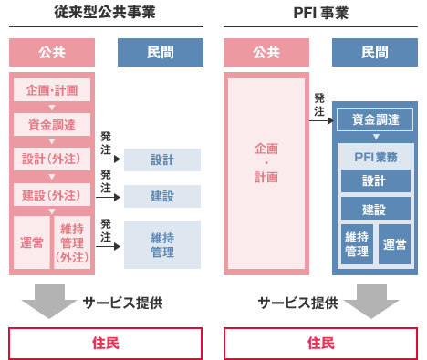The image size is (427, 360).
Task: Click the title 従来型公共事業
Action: coord(104,12)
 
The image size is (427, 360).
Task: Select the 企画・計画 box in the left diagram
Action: coord(52,90)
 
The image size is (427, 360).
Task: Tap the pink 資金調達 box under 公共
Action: coord(52,125)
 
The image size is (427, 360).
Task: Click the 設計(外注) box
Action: coord(52,159)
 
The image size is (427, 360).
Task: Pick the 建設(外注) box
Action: coord(52,194)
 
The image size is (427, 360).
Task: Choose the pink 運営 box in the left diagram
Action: coord(30,242)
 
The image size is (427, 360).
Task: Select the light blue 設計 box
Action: coord(162,159)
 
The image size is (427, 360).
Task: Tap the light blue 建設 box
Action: coord(162,195)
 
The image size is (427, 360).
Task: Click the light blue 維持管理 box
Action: coord(162,243)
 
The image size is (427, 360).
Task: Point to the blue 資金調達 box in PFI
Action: coord(375,118)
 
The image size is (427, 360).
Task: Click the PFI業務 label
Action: coord(375,157)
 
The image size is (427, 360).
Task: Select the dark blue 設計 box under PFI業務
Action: coord(375,180)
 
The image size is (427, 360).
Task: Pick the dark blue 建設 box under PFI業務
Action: coord(375,209)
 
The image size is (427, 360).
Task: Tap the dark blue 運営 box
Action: coord(394,243)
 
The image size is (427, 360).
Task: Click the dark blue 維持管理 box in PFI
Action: coord(357,243)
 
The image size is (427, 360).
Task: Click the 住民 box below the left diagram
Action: coord(104,344)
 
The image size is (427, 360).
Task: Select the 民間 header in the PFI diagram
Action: coord(375,51)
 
